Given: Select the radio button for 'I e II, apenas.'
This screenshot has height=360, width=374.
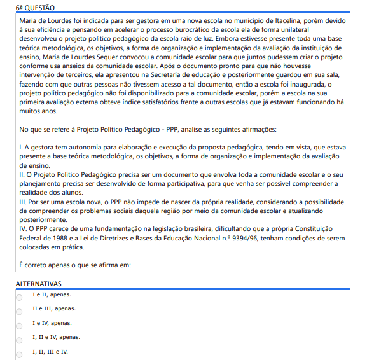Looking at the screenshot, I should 19,297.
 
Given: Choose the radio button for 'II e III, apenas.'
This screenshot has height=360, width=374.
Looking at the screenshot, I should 19,311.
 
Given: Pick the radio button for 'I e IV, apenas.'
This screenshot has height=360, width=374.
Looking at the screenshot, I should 19,325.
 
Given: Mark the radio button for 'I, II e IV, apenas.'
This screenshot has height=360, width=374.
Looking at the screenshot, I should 19,339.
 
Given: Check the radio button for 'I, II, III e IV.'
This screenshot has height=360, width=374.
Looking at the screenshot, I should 19,353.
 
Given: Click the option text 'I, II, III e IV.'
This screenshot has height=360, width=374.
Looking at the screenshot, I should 50,352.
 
